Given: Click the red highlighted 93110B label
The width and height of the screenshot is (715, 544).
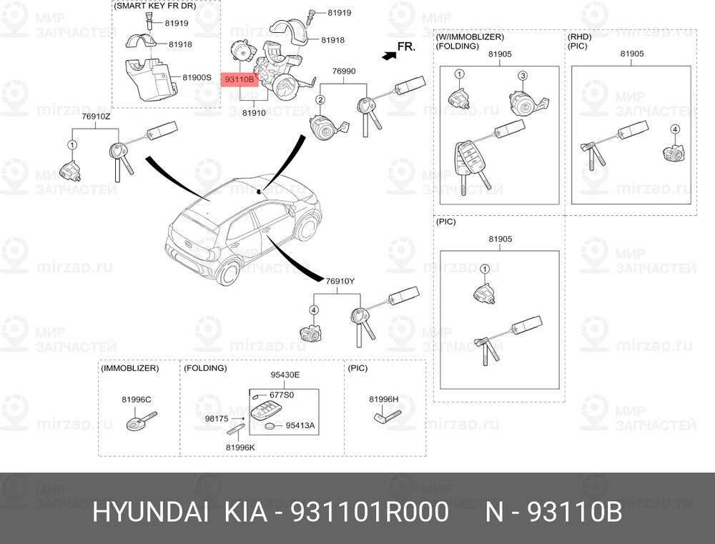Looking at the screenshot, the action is pyautogui.click(x=240, y=80).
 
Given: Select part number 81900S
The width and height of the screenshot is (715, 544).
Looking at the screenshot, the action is pyautogui.click(x=197, y=77).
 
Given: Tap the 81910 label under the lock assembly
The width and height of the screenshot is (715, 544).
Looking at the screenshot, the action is pyautogui.click(x=254, y=113).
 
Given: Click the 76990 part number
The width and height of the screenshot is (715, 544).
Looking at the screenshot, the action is pyautogui.click(x=344, y=71).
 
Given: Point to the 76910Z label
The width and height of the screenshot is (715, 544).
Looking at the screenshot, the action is pyautogui.click(x=96, y=117).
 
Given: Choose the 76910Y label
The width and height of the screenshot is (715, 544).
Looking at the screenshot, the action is pyautogui.click(x=340, y=282).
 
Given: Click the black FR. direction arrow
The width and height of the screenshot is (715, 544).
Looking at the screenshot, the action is pyautogui.click(x=390, y=56).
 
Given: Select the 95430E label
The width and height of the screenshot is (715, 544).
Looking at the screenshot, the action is pyautogui.click(x=285, y=375).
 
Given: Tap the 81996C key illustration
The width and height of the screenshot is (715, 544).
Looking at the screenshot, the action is pyautogui.click(x=141, y=420).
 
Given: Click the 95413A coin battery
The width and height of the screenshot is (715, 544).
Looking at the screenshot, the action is pyautogui.click(x=271, y=427).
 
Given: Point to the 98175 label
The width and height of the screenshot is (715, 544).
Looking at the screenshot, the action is pyautogui.click(x=217, y=419).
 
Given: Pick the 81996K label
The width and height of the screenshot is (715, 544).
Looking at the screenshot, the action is pyautogui.click(x=240, y=447).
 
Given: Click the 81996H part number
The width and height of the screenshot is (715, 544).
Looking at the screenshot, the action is pyautogui.click(x=383, y=400).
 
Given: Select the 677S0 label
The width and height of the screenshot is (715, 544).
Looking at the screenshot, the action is pyautogui.click(x=282, y=395).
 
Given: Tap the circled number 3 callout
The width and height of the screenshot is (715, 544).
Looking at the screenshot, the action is pyautogui.click(x=523, y=76).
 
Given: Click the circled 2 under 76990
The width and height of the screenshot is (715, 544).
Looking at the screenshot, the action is pyautogui.click(x=320, y=100).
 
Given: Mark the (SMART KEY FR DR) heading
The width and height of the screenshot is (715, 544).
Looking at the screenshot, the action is pyautogui.click(x=155, y=6).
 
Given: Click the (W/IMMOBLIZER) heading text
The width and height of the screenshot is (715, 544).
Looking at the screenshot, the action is pyautogui.click(x=470, y=37).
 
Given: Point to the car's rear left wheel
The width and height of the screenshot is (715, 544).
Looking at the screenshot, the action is pyautogui.click(x=229, y=272).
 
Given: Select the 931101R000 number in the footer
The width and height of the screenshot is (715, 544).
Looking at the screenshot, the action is pyautogui.click(x=370, y=512).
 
